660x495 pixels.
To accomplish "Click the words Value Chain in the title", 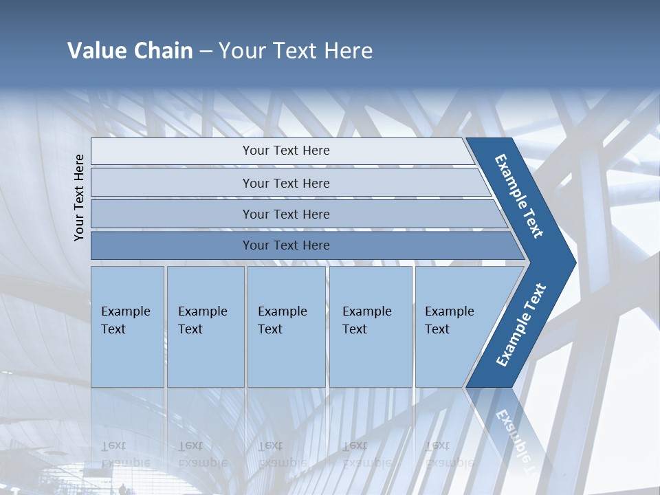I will (x=130, y=51).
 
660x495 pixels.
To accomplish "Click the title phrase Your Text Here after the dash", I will (x=296, y=51).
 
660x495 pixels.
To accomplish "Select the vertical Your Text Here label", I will (x=79, y=197).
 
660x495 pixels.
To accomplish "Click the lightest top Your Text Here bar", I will (x=285, y=151).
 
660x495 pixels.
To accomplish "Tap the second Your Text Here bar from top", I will (x=285, y=183).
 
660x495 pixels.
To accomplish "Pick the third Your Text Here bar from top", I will (x=285, y=214).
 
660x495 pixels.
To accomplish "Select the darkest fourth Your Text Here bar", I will (x=285, y=245).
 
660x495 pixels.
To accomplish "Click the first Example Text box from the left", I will (x=127, y=327).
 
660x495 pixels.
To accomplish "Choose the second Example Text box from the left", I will (x=205, y=327).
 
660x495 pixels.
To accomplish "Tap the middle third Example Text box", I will (x=285, y=327).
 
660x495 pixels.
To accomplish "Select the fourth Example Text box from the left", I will (x=370, y=327).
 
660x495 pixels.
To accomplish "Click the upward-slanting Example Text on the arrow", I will (x=521, y=324).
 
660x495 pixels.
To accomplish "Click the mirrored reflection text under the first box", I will (x=125, y=454).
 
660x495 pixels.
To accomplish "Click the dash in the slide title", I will (x=206, y=52).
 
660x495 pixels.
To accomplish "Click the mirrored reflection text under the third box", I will (x=282, y=454).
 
